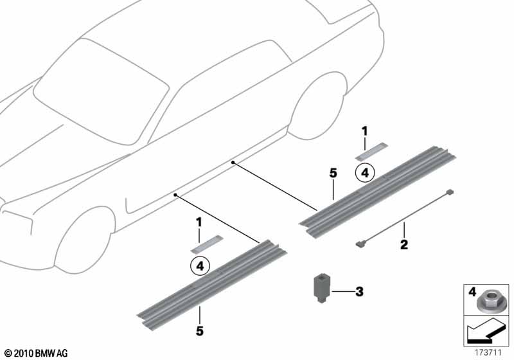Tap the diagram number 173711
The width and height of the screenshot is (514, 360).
(x=488, y=353)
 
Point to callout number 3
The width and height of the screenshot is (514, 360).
(x=360, y=291)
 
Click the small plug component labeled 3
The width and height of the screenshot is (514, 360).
(x=321, y=289)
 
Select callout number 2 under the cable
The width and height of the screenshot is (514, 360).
(x=404, y=244)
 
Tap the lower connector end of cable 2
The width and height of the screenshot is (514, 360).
(x=360, y=243)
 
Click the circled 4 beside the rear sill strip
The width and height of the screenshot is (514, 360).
(x=365, y=172)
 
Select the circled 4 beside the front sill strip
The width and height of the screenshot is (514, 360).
(x=200, y=265)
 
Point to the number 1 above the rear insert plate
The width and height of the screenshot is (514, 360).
(x=364, y=132)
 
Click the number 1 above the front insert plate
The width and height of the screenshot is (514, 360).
(x=199, y=222)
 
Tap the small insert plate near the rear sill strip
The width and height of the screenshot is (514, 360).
(x=371, y=152)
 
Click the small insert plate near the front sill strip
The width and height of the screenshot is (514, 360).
(x=206, y=244)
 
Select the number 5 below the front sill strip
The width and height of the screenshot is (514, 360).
(x=200, y=331)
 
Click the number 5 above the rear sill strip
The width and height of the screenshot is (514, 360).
(x=333, y=173)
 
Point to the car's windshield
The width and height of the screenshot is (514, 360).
(x=102, y=90)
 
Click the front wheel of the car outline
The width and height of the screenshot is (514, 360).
(x=84, y=242)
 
